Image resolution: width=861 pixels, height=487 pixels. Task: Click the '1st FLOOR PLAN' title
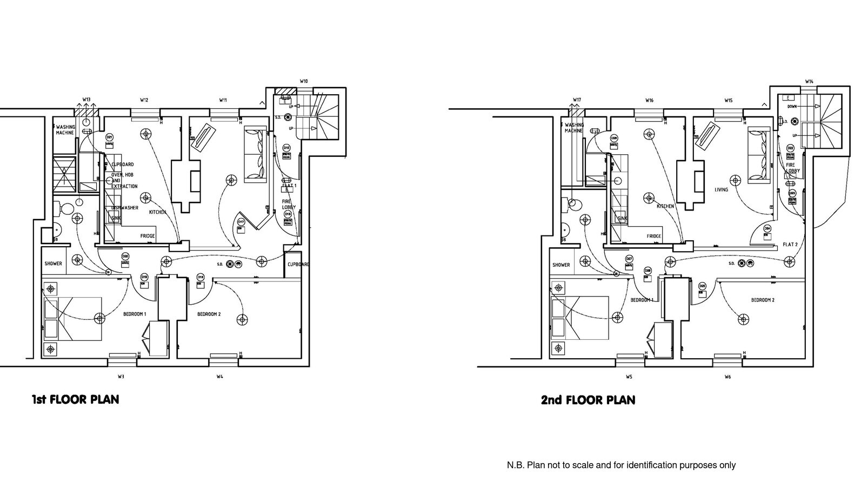tap(75, 399)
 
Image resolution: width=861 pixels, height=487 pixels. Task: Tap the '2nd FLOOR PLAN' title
tap(588, 400)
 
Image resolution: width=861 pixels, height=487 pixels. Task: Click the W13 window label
tap(86, 100)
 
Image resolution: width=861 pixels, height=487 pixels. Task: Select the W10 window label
tap(304, 81)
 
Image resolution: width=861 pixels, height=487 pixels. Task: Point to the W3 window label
tap(121, 376)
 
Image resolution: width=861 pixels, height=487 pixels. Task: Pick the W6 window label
tap(727, 377)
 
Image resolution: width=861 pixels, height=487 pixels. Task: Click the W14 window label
tap(809, 82)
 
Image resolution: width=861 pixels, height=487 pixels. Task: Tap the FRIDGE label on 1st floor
tap(148, 236)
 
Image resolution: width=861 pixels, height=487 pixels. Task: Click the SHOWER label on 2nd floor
tap(561, 265)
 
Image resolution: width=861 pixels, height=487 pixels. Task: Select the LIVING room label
tap(721, 190)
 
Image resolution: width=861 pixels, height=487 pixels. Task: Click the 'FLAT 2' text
tap(790, 245)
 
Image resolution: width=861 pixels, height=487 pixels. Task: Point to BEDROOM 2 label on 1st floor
tap(209, 314)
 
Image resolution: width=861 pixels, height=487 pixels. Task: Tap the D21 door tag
tap(109, 137)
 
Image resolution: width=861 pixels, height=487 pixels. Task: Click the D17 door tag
tap(241, 222)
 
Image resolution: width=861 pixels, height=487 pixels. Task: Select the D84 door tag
tap(767, 228)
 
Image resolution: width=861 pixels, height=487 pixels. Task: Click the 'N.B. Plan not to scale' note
tap(620, 465)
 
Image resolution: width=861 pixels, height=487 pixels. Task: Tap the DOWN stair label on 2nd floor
tap(792, 107)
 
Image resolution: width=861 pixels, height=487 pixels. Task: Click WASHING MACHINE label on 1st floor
tap(65, 130)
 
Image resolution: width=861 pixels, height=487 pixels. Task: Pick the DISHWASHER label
tap(125, 208)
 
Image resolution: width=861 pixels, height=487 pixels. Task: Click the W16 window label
tap(649, 100)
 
